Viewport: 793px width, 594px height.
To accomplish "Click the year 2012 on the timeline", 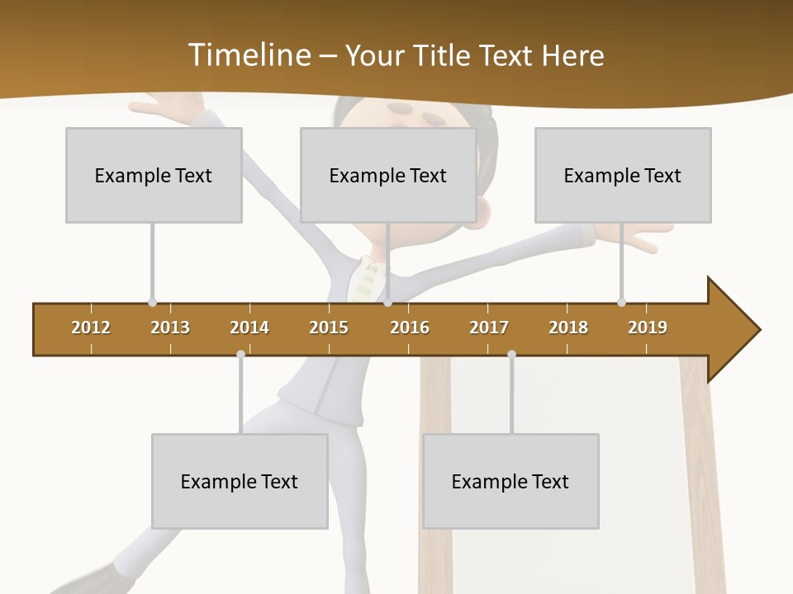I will tap(91, 328).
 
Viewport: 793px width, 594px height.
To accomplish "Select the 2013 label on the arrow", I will tap(170, 328).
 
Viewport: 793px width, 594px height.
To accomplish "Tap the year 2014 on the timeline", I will tap(249, 328).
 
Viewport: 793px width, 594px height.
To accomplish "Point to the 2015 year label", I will tap(329, 328).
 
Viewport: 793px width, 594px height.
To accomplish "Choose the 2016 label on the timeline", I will tap(410, 328).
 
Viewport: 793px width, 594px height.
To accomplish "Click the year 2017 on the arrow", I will tap(489, 328).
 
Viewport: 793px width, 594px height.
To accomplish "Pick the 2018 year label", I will tap(568, 328).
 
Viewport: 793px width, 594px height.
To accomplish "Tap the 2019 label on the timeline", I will tap(648, 328).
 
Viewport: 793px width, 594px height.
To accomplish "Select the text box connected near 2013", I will tap(154, 175).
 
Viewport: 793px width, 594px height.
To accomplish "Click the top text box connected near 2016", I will tap(388, 175).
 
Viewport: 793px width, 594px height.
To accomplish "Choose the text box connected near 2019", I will tap(623, 175).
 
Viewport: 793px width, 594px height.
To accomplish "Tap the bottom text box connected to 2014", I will tap(240, 481).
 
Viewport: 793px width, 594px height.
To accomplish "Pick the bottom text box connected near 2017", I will tap(510, 481).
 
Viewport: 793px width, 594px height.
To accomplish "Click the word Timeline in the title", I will tap(247, 55).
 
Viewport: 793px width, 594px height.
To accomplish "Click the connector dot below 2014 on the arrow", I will tap(240, 354).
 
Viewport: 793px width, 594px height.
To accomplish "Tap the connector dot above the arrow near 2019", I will tap(621, 302).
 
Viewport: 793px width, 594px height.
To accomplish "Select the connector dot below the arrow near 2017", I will tap(511, 354).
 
